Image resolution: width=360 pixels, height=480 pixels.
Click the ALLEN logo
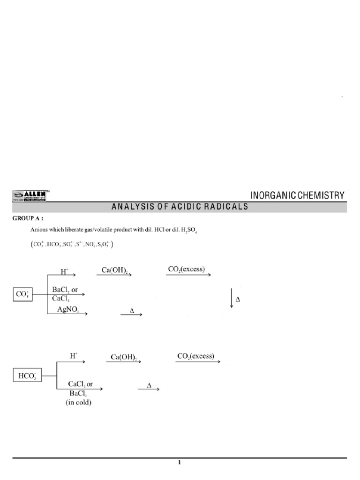pyautogui.click(x=31, y=195)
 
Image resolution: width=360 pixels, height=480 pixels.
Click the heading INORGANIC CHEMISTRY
pyautogui.click(x=298, y=195)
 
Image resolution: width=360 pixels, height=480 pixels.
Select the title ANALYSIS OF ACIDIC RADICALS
pyautogui.click(x=180, y=207)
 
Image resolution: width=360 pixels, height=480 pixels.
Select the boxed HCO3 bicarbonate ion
pyautogui.click(x=27, y=376)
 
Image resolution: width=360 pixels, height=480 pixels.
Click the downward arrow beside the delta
pyautogui.click(x=232, y=299)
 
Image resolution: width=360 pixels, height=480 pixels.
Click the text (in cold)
pyautogui.click(x=79, y=402)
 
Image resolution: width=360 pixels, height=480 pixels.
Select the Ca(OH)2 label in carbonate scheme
pyautogui.click(x=114, y=270)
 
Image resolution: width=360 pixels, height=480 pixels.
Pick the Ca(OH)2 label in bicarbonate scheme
pyautogui.click(x=124, y=357)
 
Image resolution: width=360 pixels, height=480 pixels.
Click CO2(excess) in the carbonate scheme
pyautogui.click(x=188, y=270)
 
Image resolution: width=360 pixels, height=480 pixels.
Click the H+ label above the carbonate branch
pyautogui.click(x=64, y=271)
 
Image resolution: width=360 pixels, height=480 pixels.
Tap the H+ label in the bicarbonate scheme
pyautogui.click(x=74, y=356)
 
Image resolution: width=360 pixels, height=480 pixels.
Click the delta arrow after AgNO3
pyautogui.click(x=132, y=313)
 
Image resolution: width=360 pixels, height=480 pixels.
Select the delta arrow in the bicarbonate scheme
pyautogui.click(x=150, y=387)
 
